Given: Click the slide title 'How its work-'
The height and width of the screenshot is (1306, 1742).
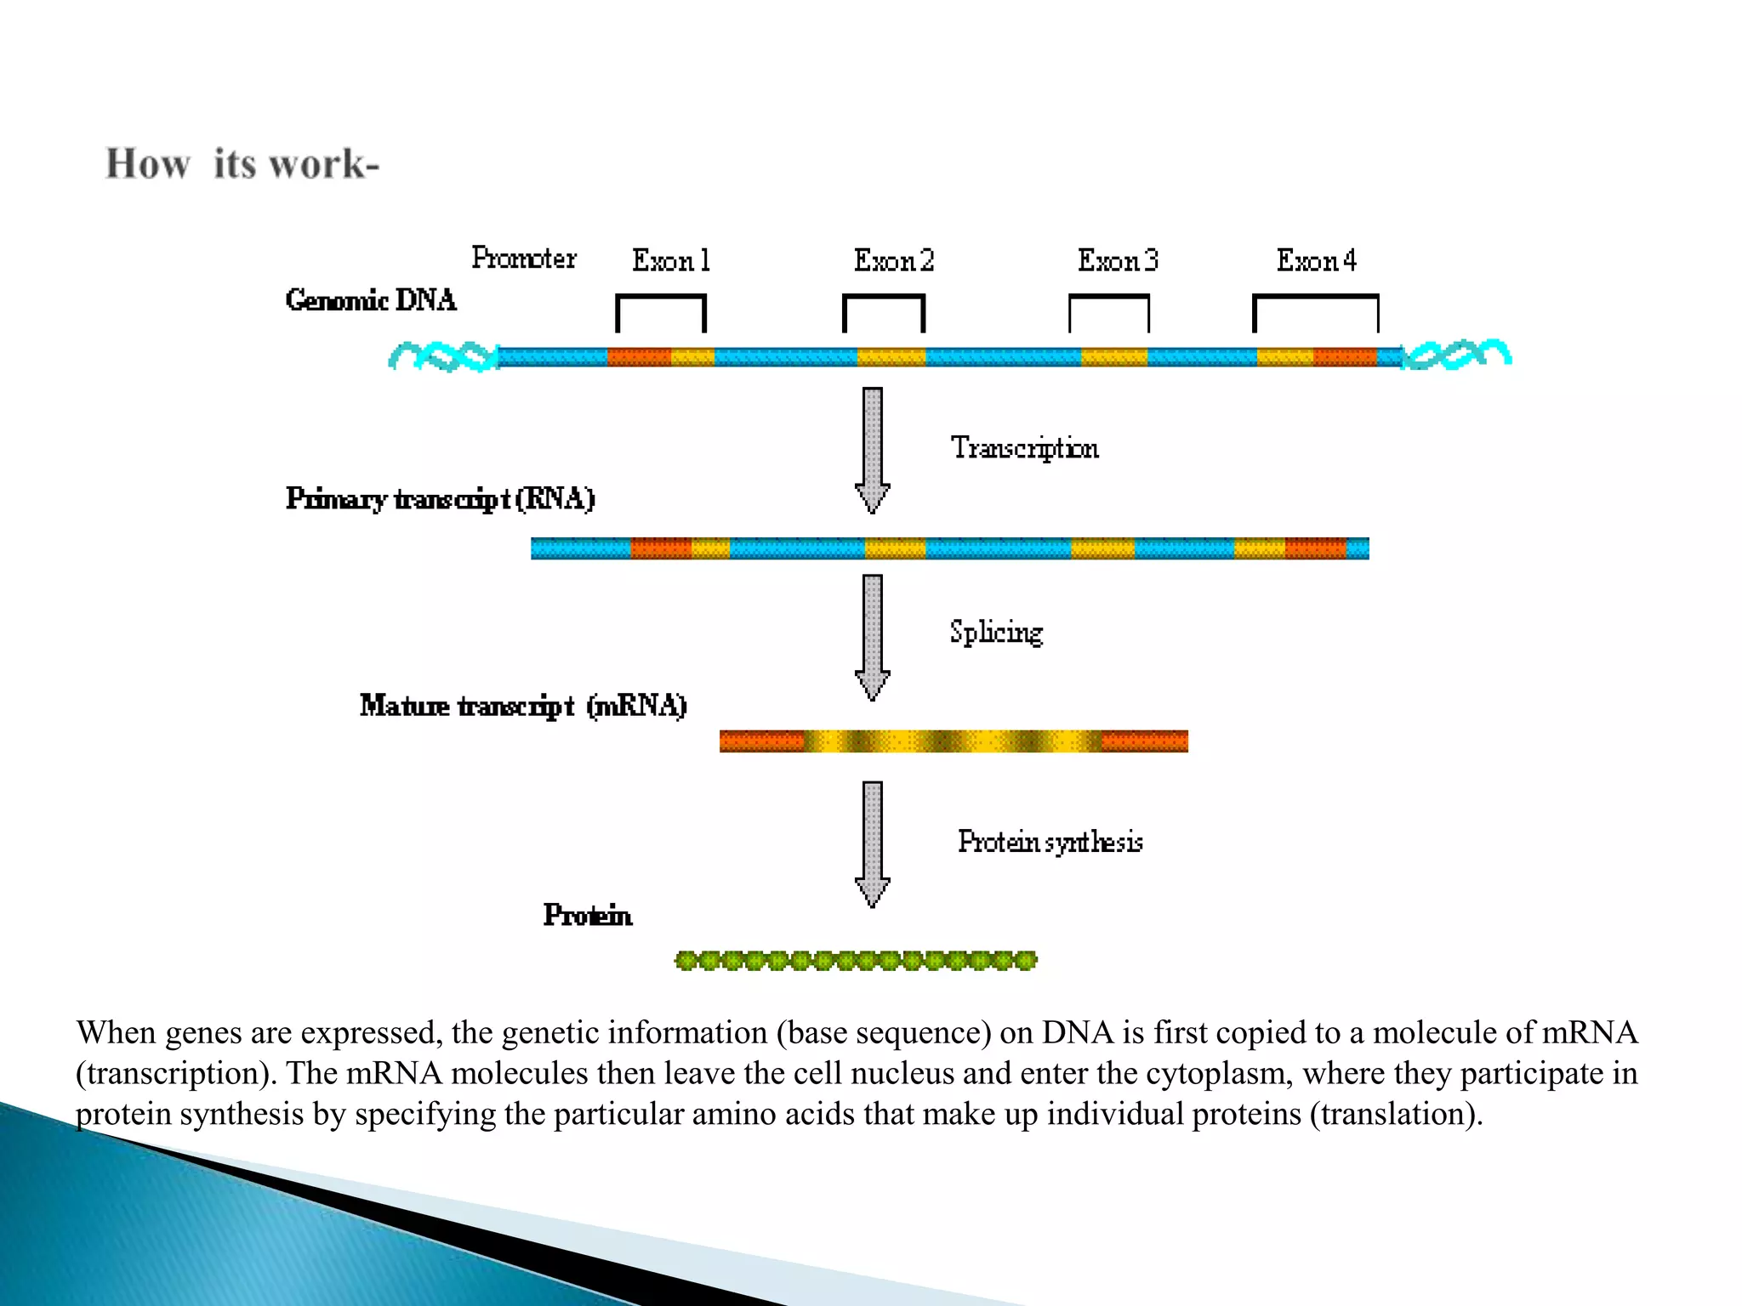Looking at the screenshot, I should pos(242,163).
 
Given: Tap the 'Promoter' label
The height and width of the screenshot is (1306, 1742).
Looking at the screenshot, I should pos(524,258).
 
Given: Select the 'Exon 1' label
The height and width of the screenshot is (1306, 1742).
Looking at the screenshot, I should pos(671,260).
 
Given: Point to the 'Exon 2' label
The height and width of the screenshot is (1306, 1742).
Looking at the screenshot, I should pos(894,260).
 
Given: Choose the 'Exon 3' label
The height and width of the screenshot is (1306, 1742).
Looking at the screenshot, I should pos(1118,260).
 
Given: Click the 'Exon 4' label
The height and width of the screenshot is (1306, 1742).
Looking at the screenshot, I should pos(1316,260).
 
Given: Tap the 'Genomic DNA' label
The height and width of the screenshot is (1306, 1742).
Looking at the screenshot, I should pos(371,300).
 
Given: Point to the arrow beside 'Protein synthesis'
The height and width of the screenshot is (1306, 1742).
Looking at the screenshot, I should pos(873,843).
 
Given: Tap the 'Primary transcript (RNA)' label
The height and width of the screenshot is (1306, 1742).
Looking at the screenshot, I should pos(440,498).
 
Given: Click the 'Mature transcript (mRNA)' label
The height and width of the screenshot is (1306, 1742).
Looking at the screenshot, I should pos(523,706).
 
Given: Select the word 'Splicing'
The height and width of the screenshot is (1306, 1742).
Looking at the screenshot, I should pos(996,633).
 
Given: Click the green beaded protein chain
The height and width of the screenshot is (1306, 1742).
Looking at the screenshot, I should pos(856,961).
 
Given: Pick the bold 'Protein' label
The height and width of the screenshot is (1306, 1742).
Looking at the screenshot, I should pos(588,916).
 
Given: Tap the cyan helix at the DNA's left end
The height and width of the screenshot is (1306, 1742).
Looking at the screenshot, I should pos(443,356).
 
